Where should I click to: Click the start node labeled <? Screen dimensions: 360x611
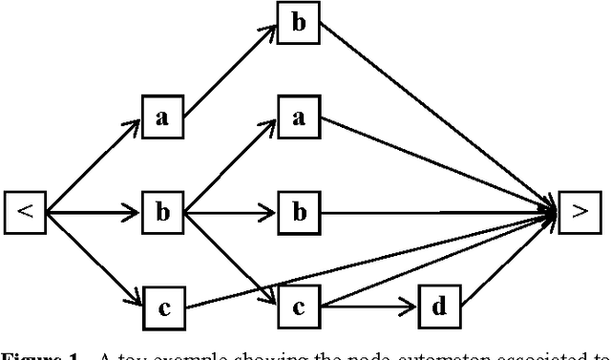click(26, 212)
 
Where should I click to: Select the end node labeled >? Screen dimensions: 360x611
click(579, 212)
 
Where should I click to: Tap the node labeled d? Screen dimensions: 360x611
click(439, 307)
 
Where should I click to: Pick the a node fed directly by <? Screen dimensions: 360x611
click(162, 117)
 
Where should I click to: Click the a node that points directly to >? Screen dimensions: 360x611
click(298, 117)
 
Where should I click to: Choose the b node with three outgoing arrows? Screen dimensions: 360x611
click(162, 212)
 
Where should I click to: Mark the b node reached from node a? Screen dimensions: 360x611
click(298, 23)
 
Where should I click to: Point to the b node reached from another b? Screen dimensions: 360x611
click(298, 212)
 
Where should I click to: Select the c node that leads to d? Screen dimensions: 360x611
click(298, 307)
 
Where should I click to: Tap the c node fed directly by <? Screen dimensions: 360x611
click(162, 307)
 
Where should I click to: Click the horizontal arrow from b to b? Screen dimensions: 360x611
click(230, 212)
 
